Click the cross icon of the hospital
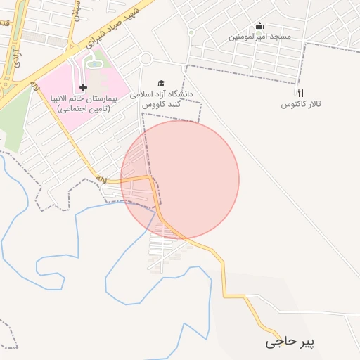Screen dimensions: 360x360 click(x=84, y=88)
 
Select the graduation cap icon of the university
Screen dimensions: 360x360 click(x=160, y=82)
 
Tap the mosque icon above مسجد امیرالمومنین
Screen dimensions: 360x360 click(x=259, y=26)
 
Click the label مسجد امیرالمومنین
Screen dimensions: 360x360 click(x=259, y=36)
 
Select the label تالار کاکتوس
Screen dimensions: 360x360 click(x=301, y=104)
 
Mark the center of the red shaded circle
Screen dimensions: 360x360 click(x=180, y=180)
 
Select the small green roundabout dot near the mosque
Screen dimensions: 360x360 click(x=191, y=32)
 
